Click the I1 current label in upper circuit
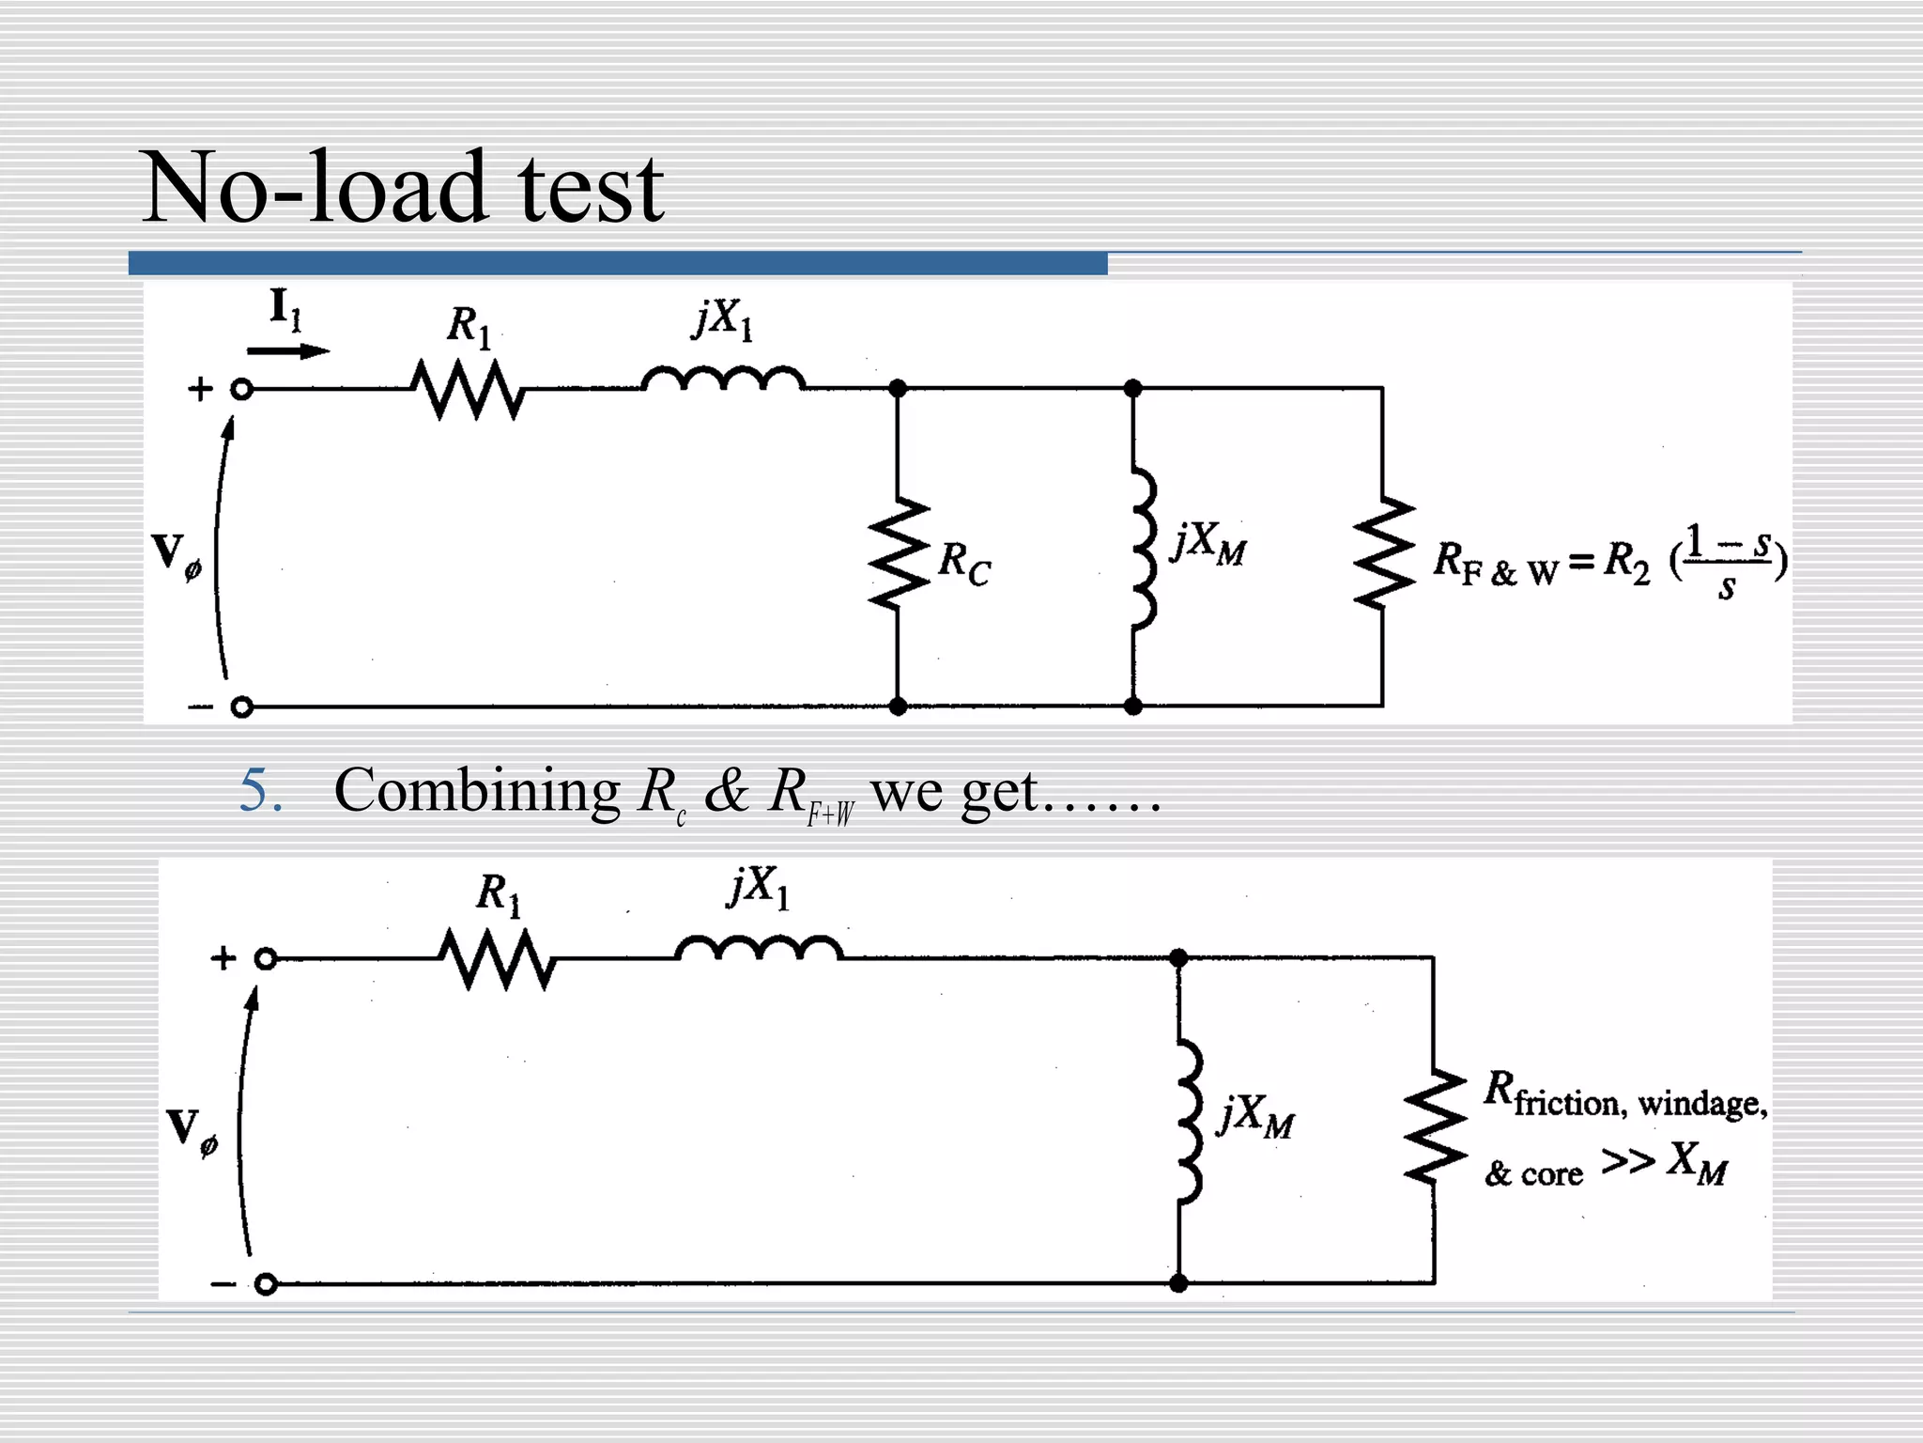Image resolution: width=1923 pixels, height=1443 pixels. click(x=285, y=309)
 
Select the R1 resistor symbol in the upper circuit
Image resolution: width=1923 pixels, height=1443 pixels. click(x=467, y=389)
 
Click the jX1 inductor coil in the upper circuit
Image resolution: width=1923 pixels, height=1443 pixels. click(x=723, y=379)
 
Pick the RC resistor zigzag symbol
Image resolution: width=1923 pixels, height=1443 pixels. click(x=899, y=554)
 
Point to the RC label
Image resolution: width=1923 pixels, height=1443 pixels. click(x=964, y=564)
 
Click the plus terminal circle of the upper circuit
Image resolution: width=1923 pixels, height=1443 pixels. click(x=241, y=389)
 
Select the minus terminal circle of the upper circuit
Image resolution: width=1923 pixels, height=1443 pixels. click(x=241, y=707)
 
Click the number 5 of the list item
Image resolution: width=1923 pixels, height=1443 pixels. click(x=259, y=790)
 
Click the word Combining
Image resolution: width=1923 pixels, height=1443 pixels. click(x=476, y=792)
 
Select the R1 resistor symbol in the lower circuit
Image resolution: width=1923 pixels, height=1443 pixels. click(x=497, y=959)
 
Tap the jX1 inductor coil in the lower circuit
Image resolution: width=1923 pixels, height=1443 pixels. click(x=759, y=948)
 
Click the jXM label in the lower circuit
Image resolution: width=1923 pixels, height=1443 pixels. click(x=1254, y=1117)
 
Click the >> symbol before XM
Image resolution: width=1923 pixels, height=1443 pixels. click(x=1628, y=1161)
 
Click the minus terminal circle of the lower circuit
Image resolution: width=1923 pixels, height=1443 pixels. click(x=266, y=1284)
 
